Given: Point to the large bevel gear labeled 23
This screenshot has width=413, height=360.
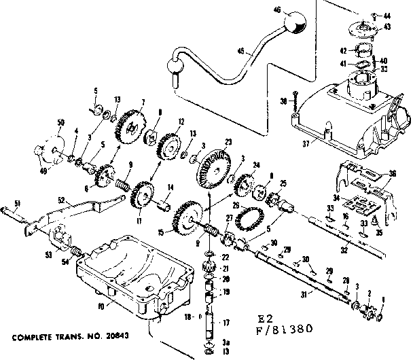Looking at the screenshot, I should pyautogui.click(x=212, y=167).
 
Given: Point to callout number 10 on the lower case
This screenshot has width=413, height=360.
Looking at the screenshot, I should pyautogui.click(x=101, y=306).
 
